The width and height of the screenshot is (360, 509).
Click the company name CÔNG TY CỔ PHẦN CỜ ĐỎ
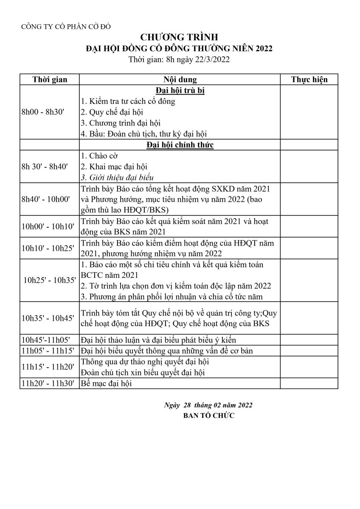tap(66, 27)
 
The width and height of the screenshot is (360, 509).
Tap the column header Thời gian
tap(50, 79)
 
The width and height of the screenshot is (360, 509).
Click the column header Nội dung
tap(180, 79)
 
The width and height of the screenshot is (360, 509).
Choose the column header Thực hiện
tap(309, 79)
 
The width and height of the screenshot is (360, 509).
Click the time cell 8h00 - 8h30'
tap(42, 112)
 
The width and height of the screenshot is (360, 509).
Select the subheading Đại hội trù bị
tap(180, 90)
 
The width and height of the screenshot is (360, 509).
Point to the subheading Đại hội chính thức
tap(180, 145)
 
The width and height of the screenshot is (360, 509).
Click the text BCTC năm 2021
tap(109, 275)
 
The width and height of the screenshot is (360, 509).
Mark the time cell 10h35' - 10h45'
tap(48, 318)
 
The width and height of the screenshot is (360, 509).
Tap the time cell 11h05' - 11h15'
tap(48, 350)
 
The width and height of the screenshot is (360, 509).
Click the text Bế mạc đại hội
tap(107, 383)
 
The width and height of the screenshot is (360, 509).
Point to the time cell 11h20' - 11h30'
tap(48, 383)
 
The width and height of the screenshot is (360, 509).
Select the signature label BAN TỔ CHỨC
tap(208, 416)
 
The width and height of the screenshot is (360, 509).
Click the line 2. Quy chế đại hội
tap(112, 112)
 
